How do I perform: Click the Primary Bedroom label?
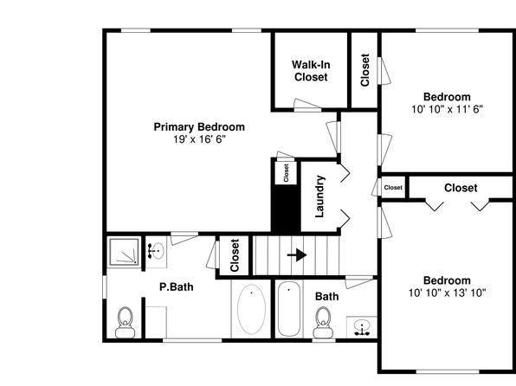tap(199, 127)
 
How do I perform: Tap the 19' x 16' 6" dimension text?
tap(199, 139)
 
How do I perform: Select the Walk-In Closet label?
tap(311, 71)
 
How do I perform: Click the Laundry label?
tap(319, 196)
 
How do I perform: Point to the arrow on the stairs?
tap(297, 255)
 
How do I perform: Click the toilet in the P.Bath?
tap(125, 323)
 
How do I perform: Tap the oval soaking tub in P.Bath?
tap(251, 309)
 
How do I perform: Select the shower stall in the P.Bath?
tap(124, 252)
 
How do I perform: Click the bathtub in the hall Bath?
tap(289, 309)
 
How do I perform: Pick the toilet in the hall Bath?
tap(323, 323)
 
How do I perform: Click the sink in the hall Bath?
tap(362, 327)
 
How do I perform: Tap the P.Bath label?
tap(177, 287)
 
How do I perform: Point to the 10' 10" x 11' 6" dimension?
tap(448, 109)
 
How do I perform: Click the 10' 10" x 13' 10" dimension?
tap(448, 293)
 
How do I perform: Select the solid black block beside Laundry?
tap(286, 209)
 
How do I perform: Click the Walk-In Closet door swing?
tap(307, 105)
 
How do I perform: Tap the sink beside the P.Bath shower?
tap(156, 251)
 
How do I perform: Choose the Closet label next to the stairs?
tap(235, 255)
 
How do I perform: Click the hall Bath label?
tap(326, 297)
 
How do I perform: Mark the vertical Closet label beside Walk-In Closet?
tap(365, 70)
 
